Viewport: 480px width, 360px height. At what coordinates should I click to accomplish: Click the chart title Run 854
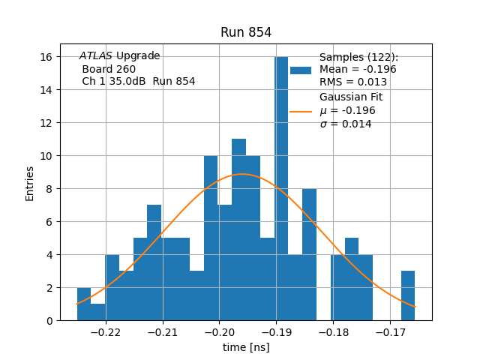[246, 32]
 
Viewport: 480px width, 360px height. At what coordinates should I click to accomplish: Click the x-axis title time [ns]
[246, 347]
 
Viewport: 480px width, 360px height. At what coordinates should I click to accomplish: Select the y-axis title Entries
[30, 183]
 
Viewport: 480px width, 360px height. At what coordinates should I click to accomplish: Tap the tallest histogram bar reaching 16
[281, 187]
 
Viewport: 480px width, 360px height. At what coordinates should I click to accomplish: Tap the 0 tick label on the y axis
[49, 321]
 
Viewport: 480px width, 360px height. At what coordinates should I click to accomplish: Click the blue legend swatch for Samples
[301, 70]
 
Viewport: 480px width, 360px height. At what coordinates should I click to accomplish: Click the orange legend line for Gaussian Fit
[301, 111]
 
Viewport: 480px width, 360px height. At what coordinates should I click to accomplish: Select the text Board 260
[109, 69]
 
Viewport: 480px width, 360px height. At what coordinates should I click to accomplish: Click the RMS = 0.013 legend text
[353, 82]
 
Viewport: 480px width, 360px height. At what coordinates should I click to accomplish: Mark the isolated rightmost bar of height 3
[408, 296]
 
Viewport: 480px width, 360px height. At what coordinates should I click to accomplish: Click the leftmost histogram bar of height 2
[84, 304]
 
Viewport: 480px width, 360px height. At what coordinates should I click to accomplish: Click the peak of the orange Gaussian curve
[241, 175]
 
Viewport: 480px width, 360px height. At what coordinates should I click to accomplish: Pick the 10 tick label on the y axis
[46, 156]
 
